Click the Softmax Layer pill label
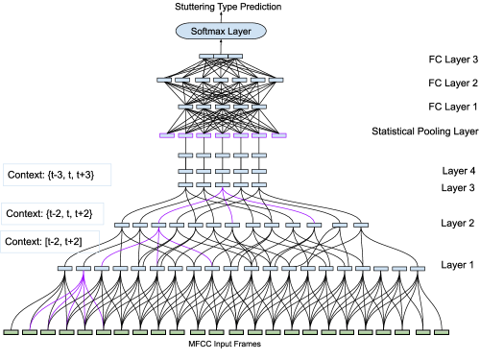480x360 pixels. point(221,31)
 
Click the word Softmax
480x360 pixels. point(207,31)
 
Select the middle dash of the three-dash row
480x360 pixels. point(221,57)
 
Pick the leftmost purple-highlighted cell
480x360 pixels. point(167,135)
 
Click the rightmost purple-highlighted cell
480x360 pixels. point(278,135)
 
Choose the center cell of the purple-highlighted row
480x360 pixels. point(223,135)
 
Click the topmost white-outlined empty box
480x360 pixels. point(58,175)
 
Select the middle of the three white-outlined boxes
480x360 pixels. point(53,213)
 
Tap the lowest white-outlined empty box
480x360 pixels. point(50,241)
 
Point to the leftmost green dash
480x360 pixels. point(12,332)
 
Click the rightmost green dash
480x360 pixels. point(441,332)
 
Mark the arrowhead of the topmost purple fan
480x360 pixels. point(223,189)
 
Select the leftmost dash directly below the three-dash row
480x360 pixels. point(164,80)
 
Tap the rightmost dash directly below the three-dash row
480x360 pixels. point(276,80)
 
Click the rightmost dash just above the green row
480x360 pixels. point(418,269)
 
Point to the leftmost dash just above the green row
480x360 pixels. point(64,269)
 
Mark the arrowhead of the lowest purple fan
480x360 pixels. point(84,276)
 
